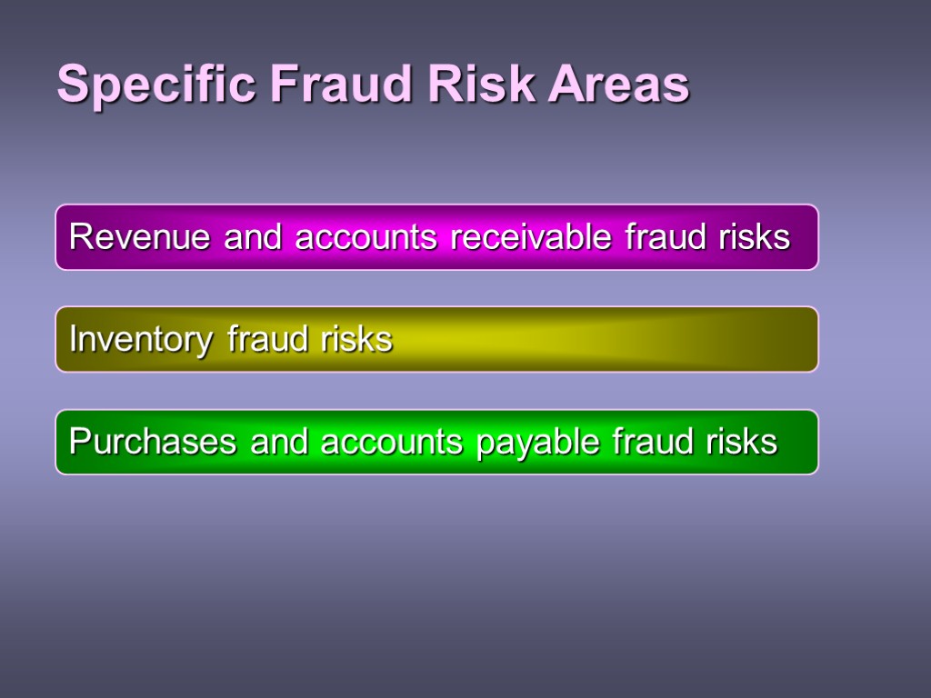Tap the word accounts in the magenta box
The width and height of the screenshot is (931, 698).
366,237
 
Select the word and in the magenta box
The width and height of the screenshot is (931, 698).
255,237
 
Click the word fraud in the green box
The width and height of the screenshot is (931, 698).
652,442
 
